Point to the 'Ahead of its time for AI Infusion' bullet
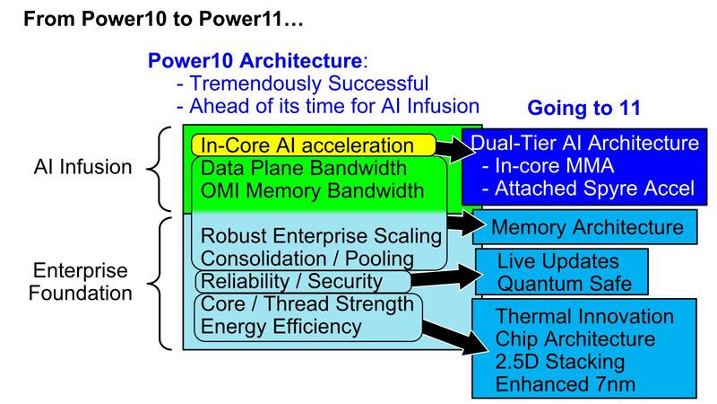point(327,106)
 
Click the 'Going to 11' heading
point(584,109)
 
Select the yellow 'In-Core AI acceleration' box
point(307,145)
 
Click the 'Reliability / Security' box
point(292,282)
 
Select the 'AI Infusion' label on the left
point(84,166)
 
